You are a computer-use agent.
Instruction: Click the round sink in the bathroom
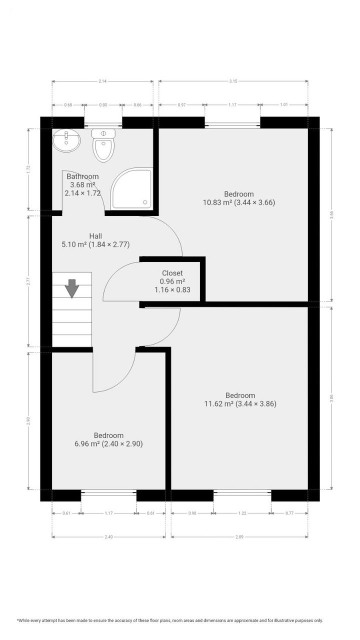pos(66,140)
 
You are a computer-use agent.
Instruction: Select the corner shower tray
pos(131,189)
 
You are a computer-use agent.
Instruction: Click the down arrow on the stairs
pos(72,288)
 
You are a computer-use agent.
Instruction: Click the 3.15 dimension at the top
pos(233,81)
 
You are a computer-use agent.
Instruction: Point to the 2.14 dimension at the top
pos(102,81)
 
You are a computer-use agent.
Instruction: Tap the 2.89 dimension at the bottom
pos(239,537)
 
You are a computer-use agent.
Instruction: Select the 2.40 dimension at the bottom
pos(108,537)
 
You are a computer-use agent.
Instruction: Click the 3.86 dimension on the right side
pos(330,399)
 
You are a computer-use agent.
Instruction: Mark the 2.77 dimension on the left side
pos(28,281)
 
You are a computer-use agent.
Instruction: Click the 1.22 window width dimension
pos(242,513)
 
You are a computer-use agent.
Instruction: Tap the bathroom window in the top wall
pos(103,123)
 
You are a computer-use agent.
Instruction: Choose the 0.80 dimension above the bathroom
pos(103,105)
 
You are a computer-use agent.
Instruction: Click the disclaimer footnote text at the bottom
pos(170,620)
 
